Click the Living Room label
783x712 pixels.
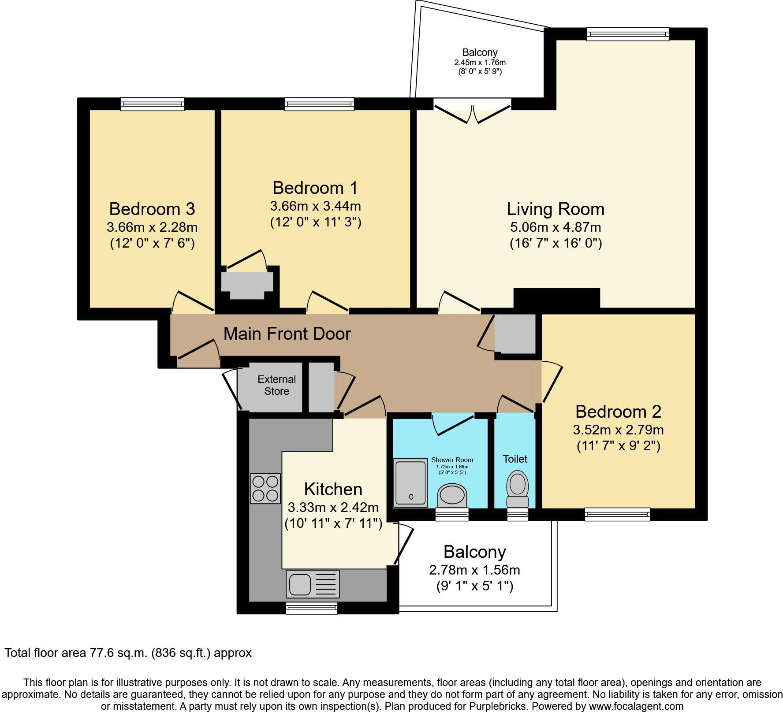click(555, 209)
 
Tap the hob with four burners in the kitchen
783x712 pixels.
click(265, 488)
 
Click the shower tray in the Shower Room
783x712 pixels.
click(411, 482)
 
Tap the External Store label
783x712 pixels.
click(276, 385)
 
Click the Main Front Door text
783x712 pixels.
click(287, 334)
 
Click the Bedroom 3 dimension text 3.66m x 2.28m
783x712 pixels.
click(152, 227)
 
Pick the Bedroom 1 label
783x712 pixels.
click(315, 188)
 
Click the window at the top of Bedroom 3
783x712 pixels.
click(153, 104)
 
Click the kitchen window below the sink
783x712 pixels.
click(312, 608)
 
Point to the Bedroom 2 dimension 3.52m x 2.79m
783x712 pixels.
click(618, 430)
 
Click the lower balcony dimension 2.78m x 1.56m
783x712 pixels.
click(474, 570)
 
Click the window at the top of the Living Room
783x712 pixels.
click(627, 34)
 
